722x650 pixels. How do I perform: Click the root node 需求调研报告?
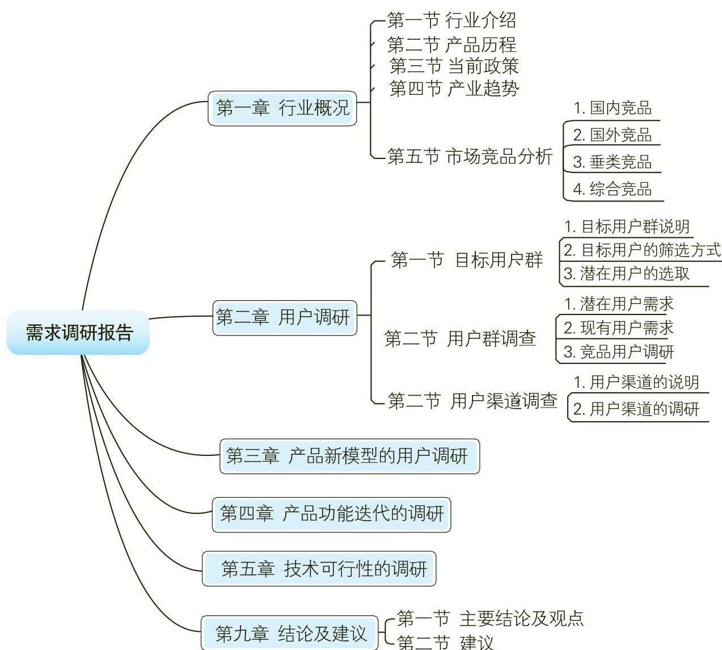[78, 333]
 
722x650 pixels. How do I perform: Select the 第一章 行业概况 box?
[282, 108]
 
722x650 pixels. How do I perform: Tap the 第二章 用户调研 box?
[283, 317]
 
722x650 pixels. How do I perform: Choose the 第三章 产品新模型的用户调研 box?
[348, 456]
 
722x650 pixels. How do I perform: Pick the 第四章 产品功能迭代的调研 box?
[331, 514]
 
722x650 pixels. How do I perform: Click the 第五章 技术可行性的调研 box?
[319, 568]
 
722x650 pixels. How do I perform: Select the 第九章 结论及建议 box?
[290, 633]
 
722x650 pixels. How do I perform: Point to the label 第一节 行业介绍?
[451, 21]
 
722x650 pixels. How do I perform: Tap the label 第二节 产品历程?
[451, 44]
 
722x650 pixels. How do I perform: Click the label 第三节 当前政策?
[454, 66]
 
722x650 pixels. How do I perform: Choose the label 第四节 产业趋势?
[454, 89]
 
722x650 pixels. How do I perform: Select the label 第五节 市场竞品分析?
[470, 156]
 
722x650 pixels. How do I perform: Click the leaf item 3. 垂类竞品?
[612, 162]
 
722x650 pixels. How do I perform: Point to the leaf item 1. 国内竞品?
[613, 108]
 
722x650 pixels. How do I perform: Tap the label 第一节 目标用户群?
[467, 261]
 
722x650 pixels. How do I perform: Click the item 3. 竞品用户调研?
[619, 352]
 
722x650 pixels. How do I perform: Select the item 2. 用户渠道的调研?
[636, 409]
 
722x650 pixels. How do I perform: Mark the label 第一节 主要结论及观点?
[490, 618]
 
